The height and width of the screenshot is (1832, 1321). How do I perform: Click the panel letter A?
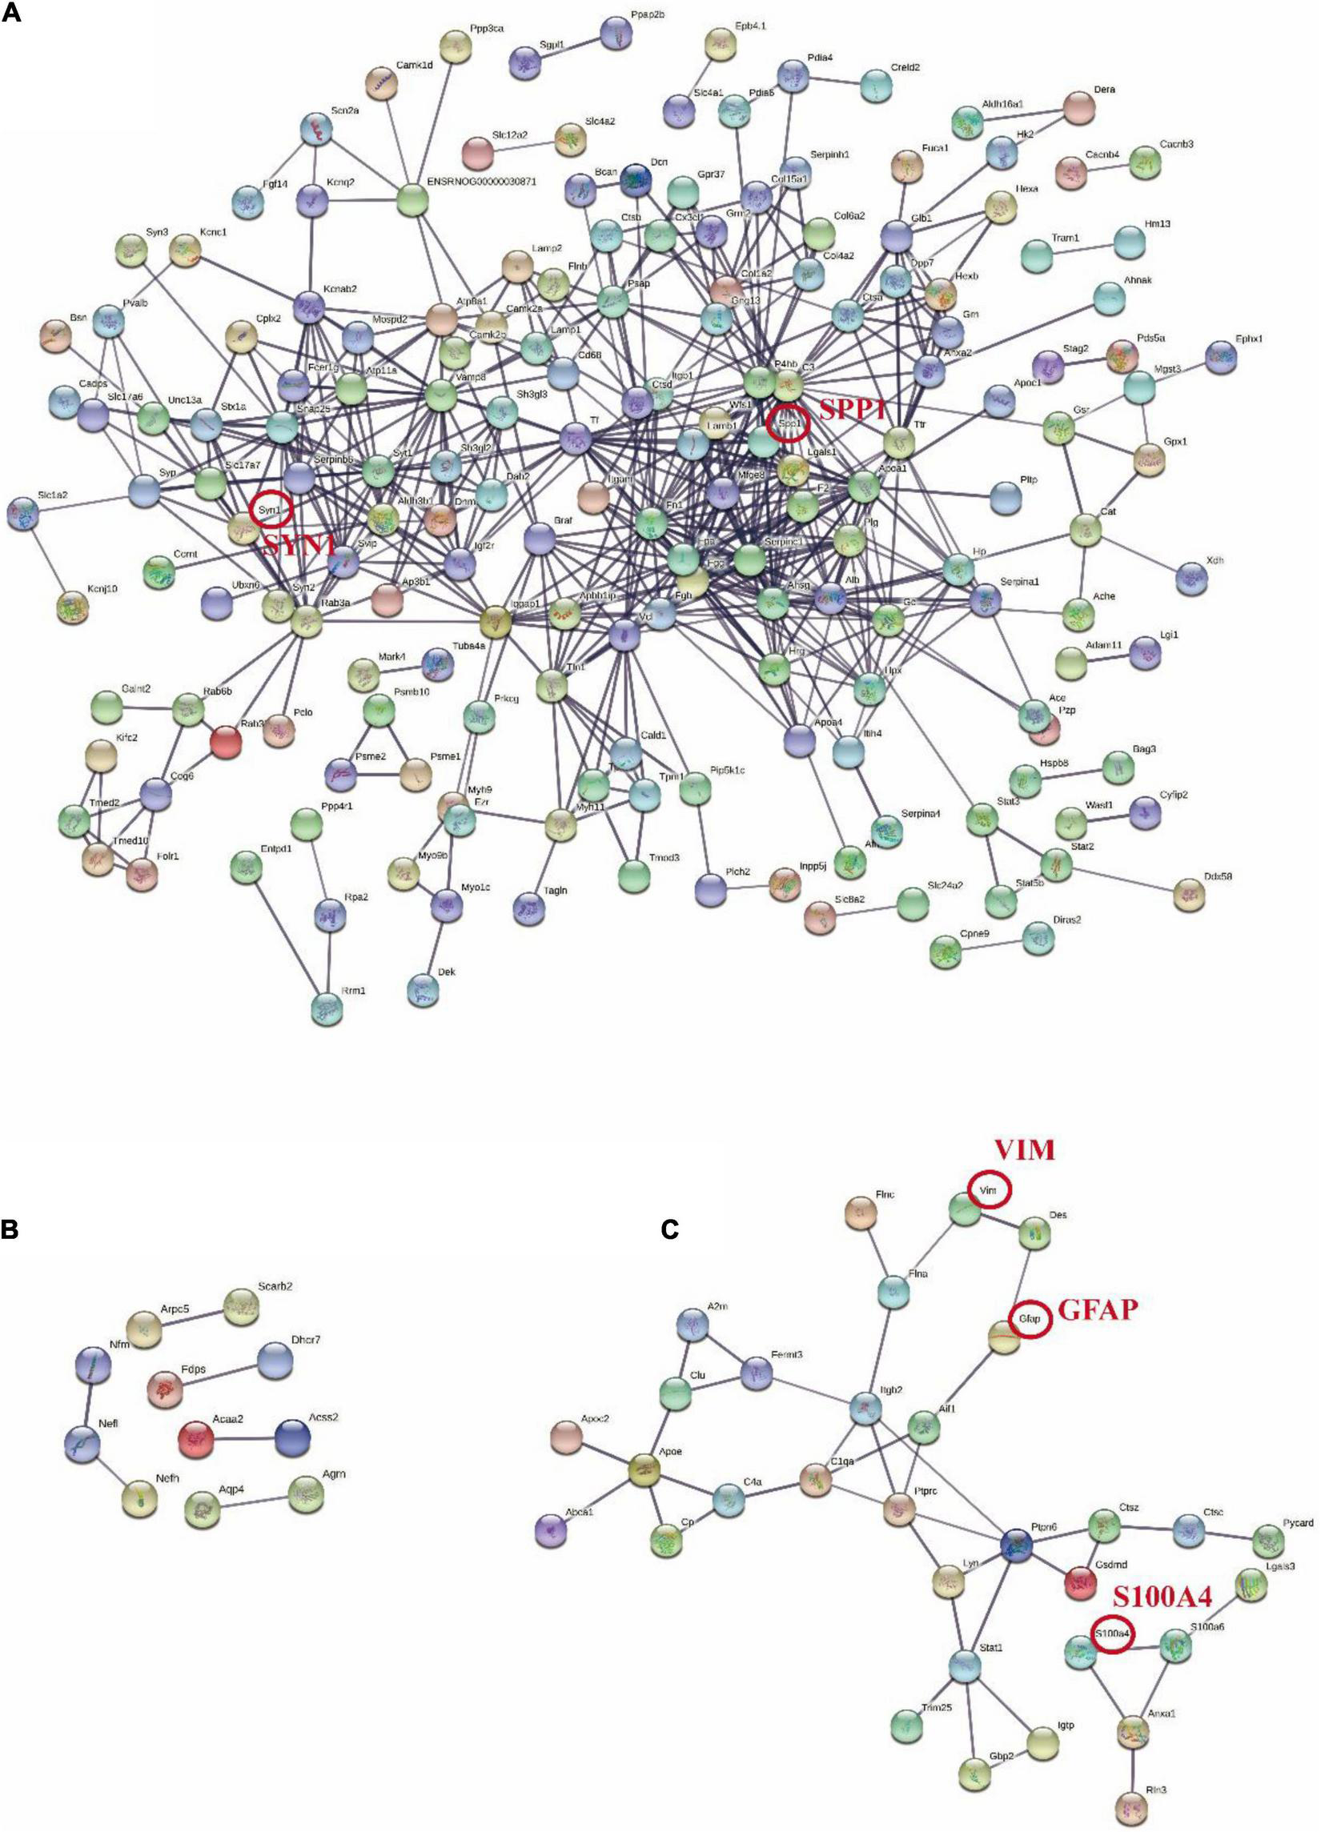(11, 14)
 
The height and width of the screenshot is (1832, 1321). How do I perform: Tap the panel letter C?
(670, 1229)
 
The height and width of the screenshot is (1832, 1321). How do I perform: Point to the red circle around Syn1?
(271, 510)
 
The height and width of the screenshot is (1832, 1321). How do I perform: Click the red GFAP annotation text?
(1097, 1310)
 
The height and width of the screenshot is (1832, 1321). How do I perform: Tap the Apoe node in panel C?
(644, 1469)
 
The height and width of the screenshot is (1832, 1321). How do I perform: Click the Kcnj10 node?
(73, 607)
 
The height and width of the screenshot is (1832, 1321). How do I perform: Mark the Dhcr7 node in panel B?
(275, 1361)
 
